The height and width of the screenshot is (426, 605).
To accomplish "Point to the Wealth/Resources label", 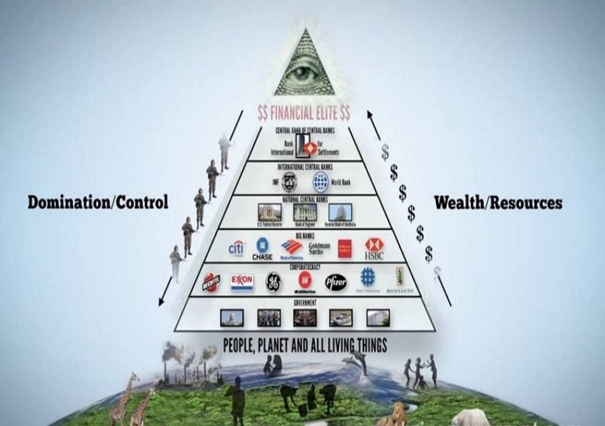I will tap(498, 202).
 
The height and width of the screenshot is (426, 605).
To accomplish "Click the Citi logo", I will tap(236, 248).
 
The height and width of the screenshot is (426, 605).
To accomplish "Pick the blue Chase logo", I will tap(264, 249).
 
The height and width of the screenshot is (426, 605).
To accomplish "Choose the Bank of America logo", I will tap(291, 248).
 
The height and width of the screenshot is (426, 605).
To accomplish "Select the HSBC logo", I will tap(373, 248).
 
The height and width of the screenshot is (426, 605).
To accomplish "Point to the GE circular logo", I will tap(273, 282).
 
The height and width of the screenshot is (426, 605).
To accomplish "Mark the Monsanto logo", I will tap(399, 281).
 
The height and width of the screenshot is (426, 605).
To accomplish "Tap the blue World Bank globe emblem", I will tap(321, 181).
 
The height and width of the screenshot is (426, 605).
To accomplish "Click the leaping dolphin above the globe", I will tap(361, 364).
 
